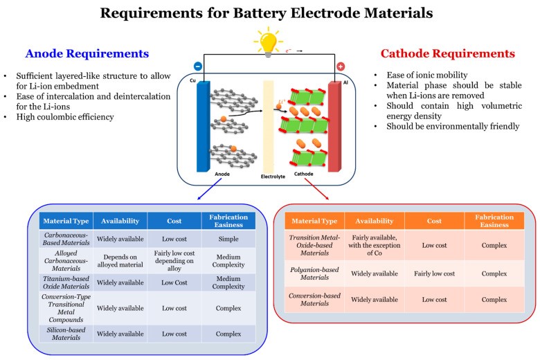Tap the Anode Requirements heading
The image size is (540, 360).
coord(88,54)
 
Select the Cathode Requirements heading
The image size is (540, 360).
coord(449,54)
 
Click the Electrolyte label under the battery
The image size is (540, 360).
coord(270,176)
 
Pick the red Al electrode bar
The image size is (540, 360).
coord(335,125)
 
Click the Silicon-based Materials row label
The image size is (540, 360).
coord(66,334)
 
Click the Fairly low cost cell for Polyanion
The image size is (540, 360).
coord(435,273)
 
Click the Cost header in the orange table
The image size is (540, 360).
coord(435,221)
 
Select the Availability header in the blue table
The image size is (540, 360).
coord(121,221)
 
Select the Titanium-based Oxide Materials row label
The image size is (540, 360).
coord(66,282)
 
